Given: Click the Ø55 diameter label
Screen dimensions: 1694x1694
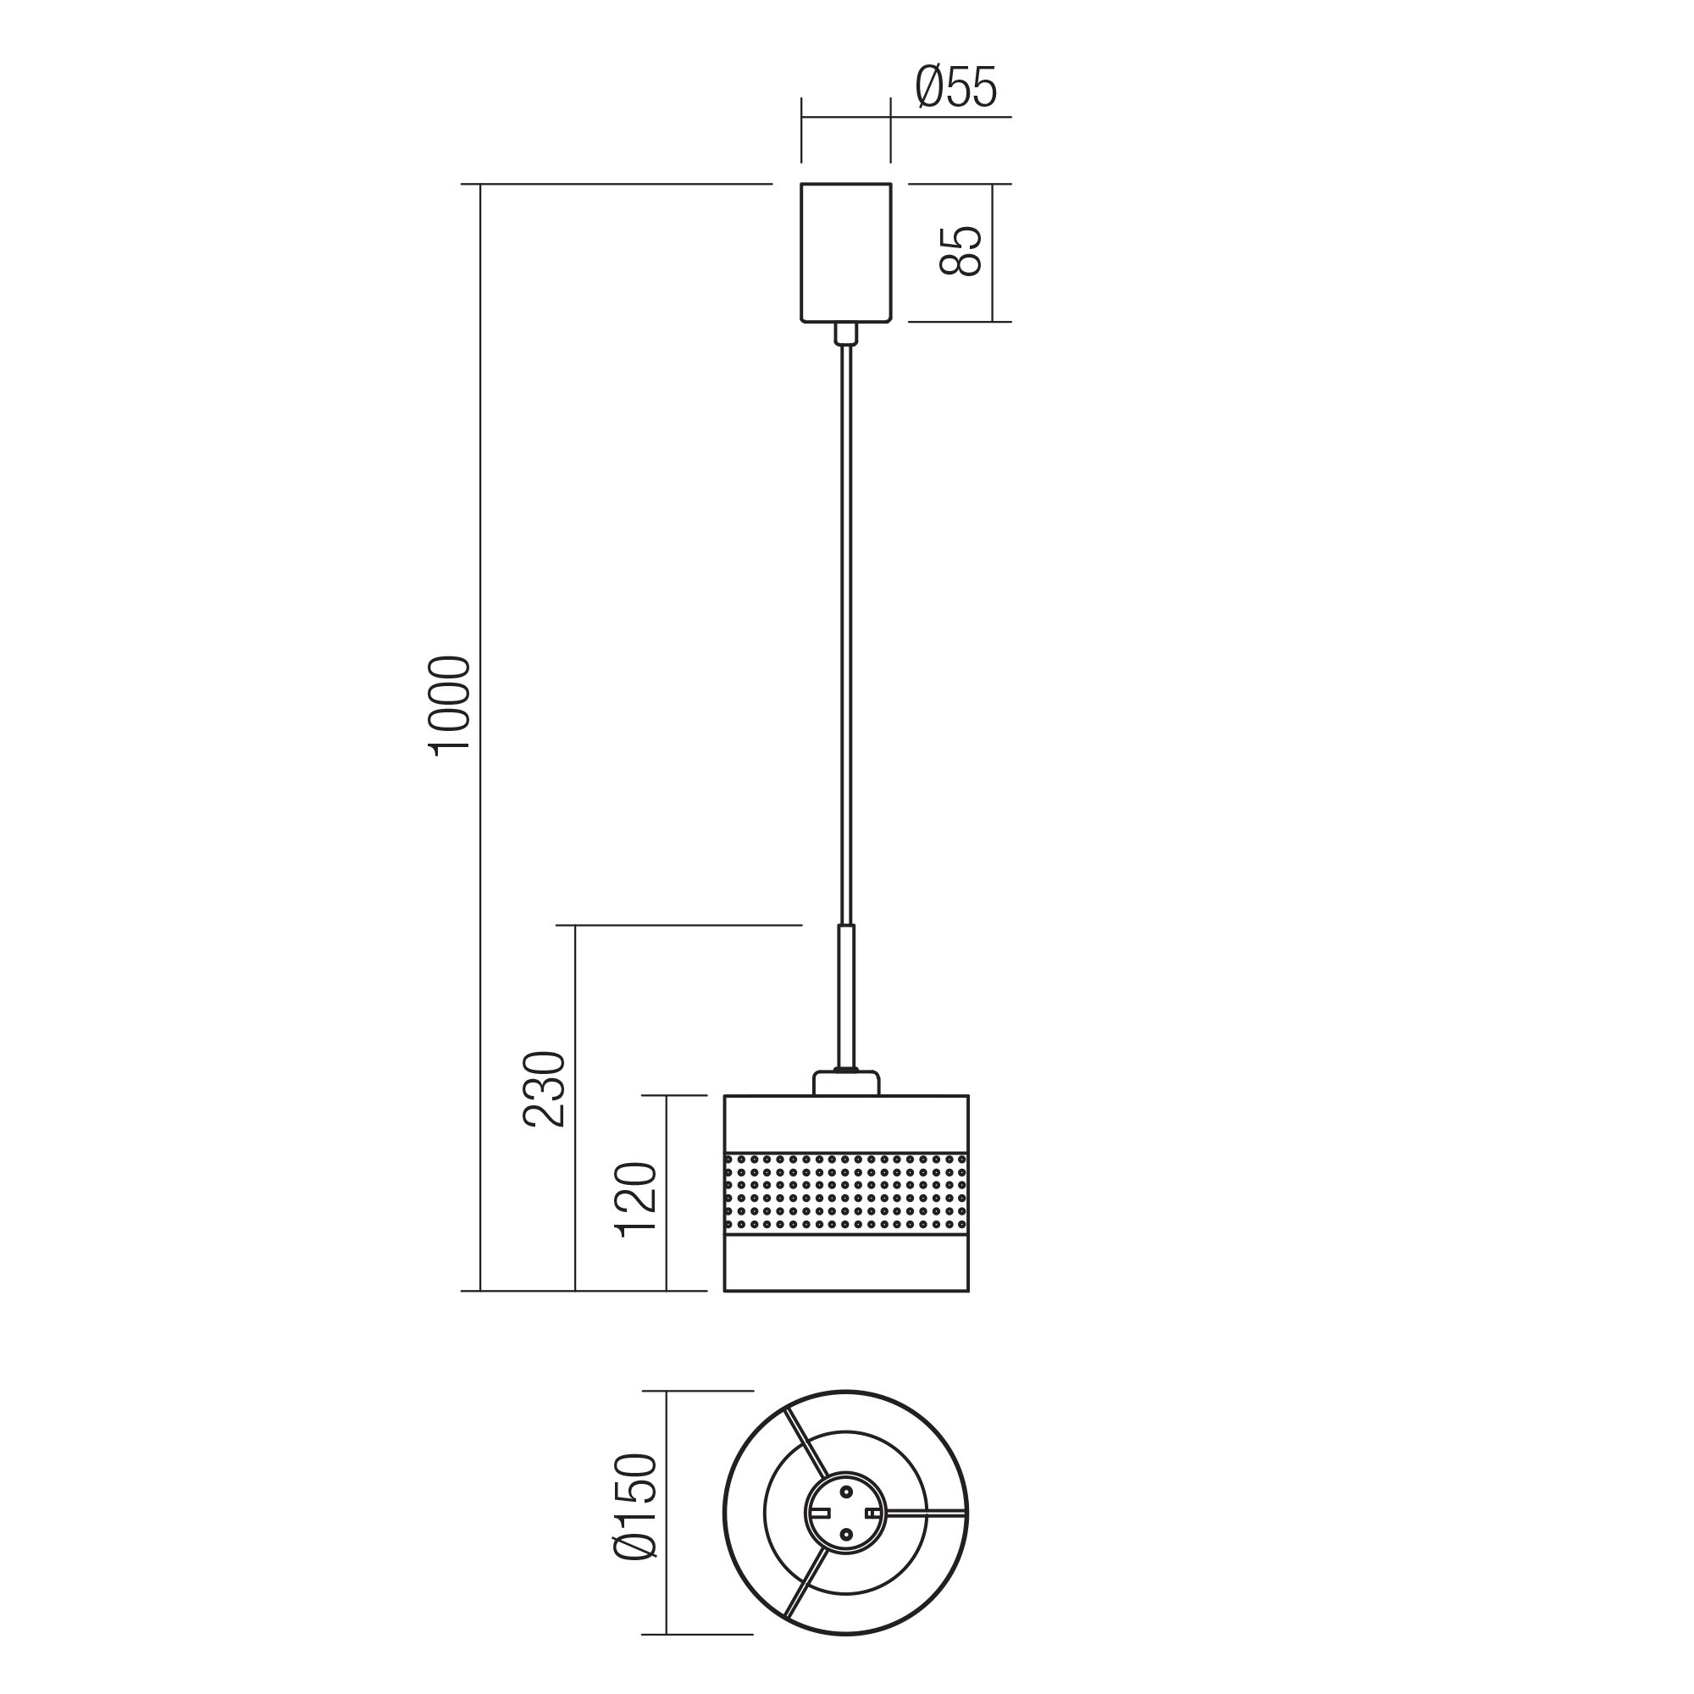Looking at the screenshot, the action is pyautogui.click(x=955, y=88).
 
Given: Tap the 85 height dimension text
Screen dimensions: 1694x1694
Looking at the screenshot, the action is pyautogui.click(x=960, y=252).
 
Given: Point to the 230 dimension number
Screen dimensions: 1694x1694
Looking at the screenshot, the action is pyautogui.click(x=545, y=1088).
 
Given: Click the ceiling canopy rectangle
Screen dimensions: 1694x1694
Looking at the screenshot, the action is pyautogui.click(x=846, y=252).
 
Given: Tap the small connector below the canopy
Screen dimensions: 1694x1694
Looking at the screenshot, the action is pyautogui.click(x=846, y=334).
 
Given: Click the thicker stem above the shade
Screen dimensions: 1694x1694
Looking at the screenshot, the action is pyautogui.click(x=846, y=997).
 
